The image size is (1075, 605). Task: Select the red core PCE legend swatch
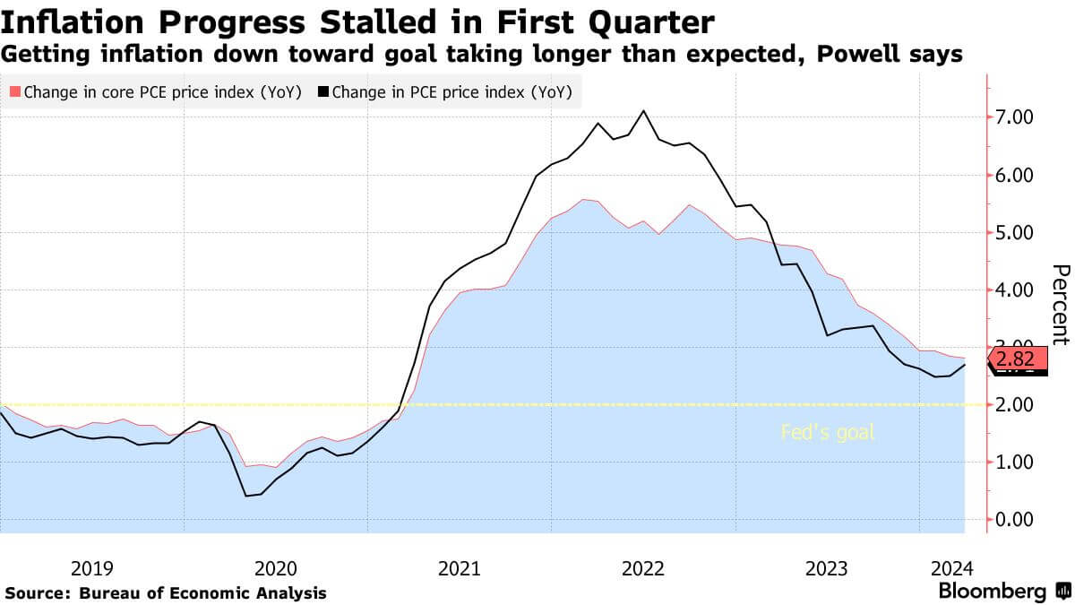click(14, 91)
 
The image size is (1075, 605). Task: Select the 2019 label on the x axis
click(91, 567)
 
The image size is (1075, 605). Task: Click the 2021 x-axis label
click(459, 567)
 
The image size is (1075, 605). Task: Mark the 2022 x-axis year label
click(642, 567)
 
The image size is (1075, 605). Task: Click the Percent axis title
click(1061, 305)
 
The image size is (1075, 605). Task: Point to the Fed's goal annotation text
click(827, 433)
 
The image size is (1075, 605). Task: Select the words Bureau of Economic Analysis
click(202, 592)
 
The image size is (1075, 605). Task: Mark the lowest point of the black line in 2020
click(245, 496)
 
